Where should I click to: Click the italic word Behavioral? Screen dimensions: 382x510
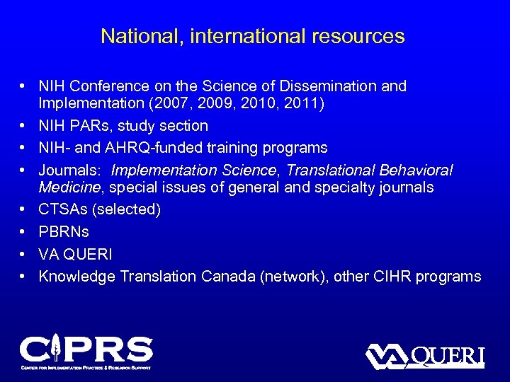[417, 170]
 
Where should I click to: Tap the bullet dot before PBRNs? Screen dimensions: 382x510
[24, 231]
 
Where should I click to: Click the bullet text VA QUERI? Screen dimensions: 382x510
[76, 254]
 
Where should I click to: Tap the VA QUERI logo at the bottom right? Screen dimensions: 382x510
[424, 356]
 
